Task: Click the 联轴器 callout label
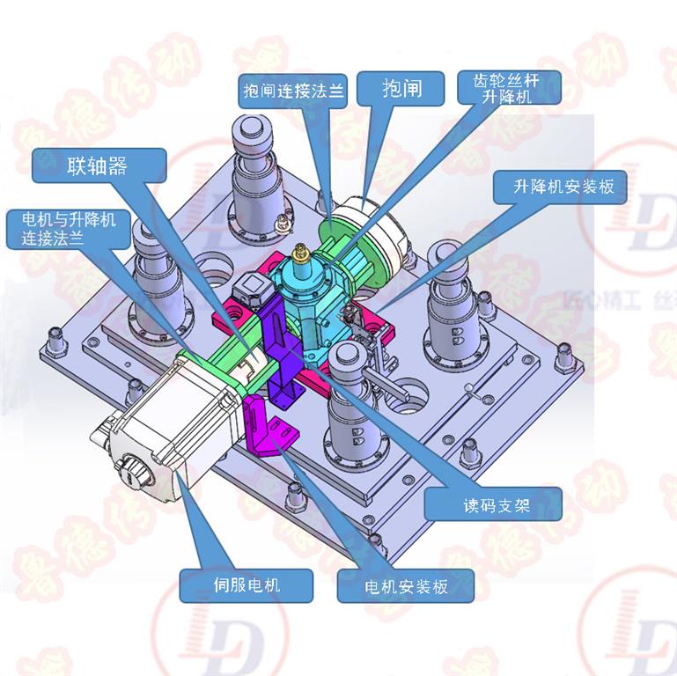pyautogui.click(x=99, y=166)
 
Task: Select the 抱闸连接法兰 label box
pyautogui.click(x=294, y=90)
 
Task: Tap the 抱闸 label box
pyautogui.click(x=401, y=88)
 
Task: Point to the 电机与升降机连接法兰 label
pyautogui.click(x=61, y=228)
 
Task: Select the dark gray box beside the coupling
pyautogui.click(x=250, y=288)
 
